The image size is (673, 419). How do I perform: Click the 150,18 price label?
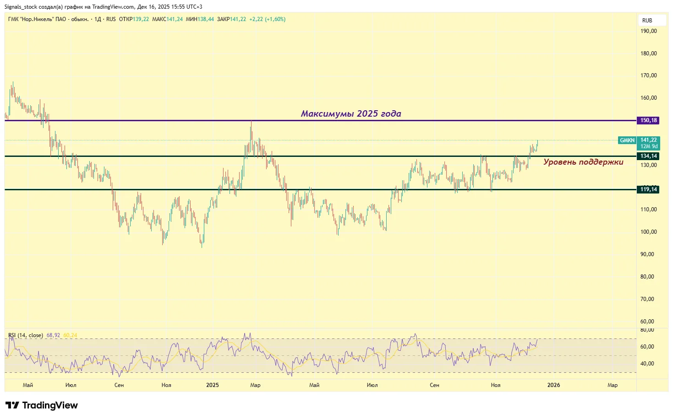pos(648,120)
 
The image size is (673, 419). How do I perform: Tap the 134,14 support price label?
pos(648,156)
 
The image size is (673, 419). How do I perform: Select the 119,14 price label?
pos(648,189)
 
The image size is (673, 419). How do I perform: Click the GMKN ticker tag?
pos(627,140)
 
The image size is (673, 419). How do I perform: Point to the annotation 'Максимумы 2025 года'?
pos(351,113)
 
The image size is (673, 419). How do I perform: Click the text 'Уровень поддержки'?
pos(583,162)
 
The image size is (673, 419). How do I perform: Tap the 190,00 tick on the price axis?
pos(648,31)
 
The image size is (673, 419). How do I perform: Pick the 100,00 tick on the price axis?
pos(648,232)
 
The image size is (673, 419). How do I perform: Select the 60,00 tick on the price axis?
pos(647,321)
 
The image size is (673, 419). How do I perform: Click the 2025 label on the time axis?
pos(213,385)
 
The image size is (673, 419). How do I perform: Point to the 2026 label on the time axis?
pos(553,385)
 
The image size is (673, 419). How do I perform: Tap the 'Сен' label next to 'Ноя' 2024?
pos(119,385)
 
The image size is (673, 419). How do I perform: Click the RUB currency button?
pos(647,21)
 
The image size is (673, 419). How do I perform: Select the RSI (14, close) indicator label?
pos(26,335)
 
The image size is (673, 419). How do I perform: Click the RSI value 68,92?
pos(53,335)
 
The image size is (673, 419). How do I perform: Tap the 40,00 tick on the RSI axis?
pos(647,364)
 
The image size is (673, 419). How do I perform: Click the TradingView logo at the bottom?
pos(42,405)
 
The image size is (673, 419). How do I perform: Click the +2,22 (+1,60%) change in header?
pos(267,19)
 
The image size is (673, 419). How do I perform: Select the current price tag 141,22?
pos(648,140)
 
